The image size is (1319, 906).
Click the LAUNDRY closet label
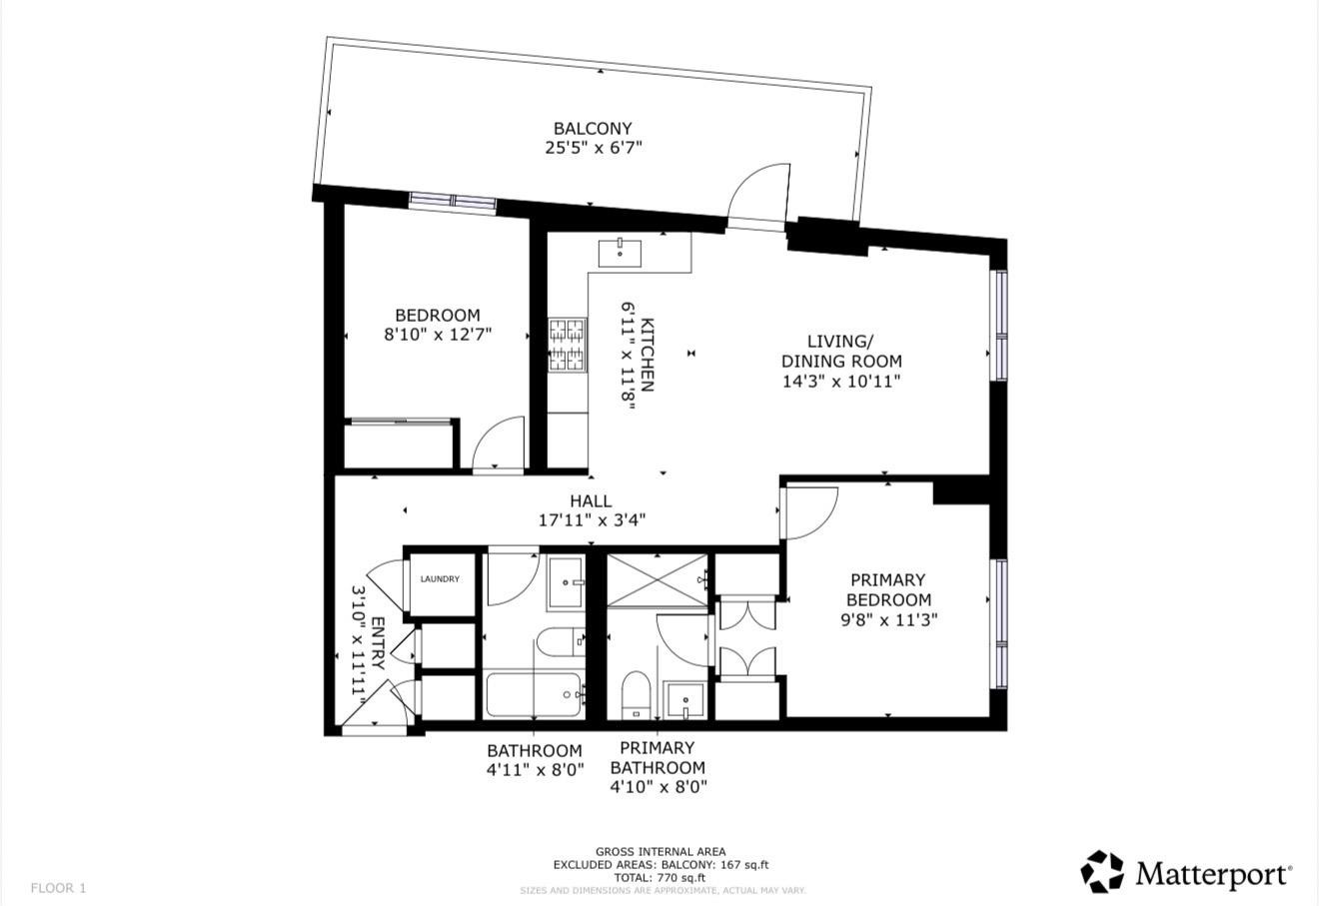pos(440,579)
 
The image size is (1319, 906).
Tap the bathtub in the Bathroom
pos(535,695)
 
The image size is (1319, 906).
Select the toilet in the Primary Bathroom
pos(635,694)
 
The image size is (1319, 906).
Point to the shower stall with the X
pos(658,579)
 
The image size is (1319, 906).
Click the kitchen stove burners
pos(567,344)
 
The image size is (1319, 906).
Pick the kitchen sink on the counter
pos(620,251)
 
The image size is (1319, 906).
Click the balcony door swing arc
pos(755,195)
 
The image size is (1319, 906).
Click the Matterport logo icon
pos(1102,872)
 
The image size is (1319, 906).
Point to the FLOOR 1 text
pos(59,888)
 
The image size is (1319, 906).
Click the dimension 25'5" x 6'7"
pos(593,148)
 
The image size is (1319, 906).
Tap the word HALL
pos(591,500)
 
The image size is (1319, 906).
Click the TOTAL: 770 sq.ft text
pos(660,877)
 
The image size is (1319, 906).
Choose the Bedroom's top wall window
pos(453,202)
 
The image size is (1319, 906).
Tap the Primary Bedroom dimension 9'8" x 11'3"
pos(888,619)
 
